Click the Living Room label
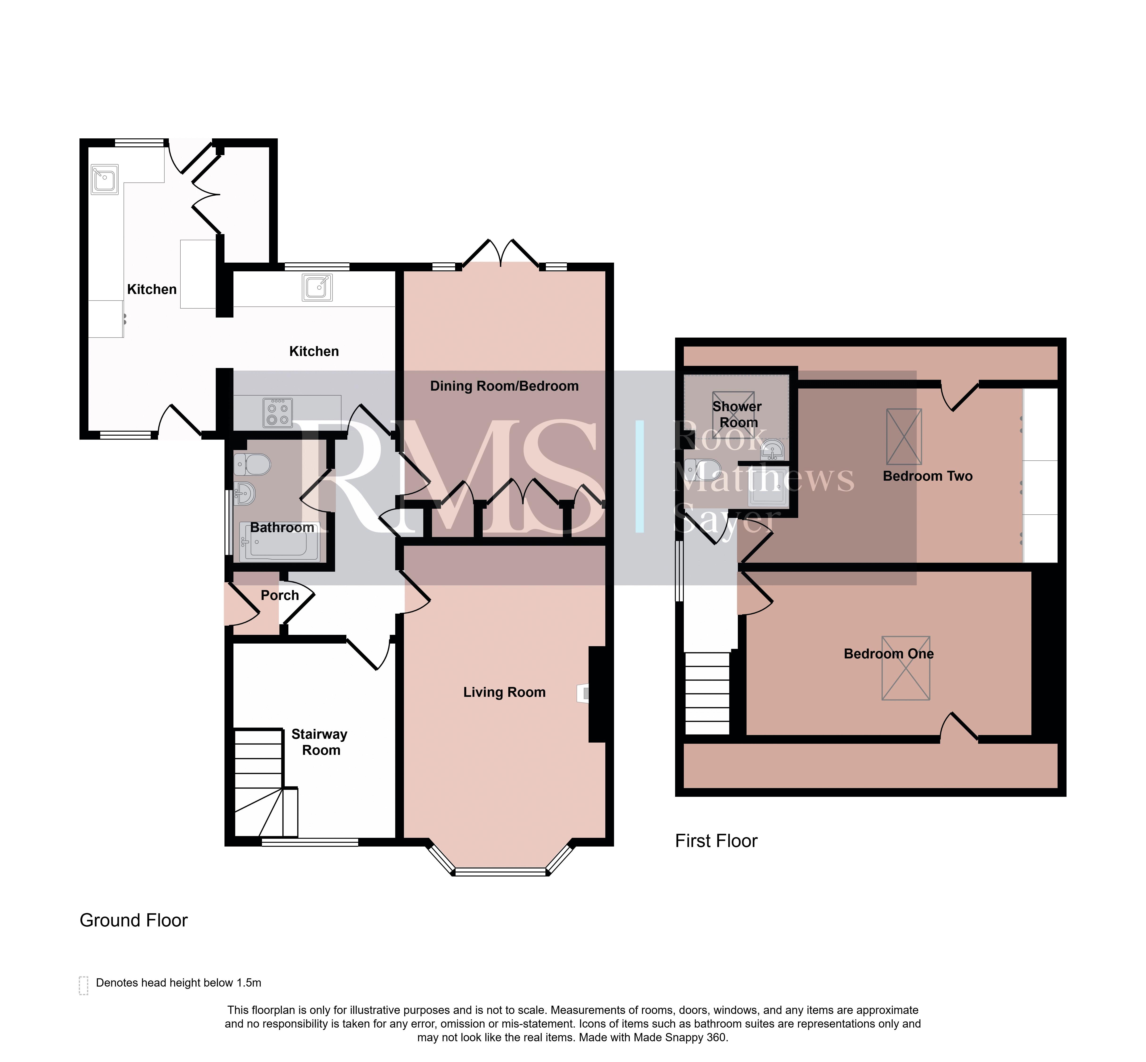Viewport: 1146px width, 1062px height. click(504, 693)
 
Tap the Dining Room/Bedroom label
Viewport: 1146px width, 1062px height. click(504, 386)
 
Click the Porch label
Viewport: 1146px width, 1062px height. click(280, 595)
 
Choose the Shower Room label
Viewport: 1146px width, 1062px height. click(737, 414)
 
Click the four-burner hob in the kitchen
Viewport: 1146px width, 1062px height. click(278, 413)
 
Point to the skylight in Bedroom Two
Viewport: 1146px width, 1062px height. click(904, 437)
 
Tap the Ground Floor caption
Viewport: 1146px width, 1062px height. click(133, 920)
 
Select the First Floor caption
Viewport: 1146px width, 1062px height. click(716, 841)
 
